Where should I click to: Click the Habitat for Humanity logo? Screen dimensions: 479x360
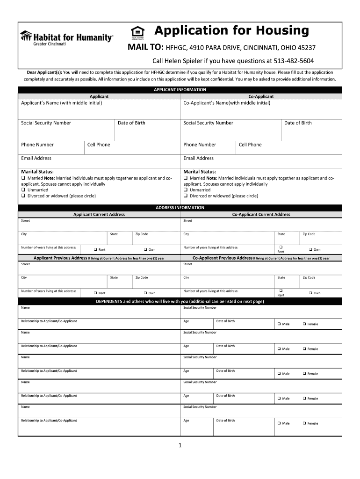pos(66,37)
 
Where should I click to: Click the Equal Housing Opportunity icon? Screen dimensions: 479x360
pos(137,32)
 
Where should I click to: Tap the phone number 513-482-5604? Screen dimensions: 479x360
pos(294,61)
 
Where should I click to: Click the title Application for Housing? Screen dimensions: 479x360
pos(231,31)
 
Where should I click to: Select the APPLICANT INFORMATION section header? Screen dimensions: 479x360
pos(180,89)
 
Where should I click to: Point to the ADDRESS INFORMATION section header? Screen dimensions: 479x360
pos(180,208)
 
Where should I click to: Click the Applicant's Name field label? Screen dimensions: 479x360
pos(61,102)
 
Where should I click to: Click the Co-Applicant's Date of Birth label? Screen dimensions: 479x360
pos(298,123)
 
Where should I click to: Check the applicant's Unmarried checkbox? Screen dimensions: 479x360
pos(23,190)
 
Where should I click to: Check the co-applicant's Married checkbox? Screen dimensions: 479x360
pos(186,178)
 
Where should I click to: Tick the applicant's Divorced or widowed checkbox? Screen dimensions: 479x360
pos(23,196)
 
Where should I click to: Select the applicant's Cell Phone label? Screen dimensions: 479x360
pos(99,145)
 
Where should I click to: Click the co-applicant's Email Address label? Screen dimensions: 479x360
pos(198,158)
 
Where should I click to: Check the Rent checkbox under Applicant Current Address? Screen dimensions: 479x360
pos(95,249)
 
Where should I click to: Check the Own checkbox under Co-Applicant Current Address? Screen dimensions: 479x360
pos(310,249)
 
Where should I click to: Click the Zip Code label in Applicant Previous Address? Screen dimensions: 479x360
pos(142,277)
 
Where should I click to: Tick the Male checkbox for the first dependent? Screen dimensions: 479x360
pos(279,324)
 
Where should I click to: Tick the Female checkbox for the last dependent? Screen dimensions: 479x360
pos(304,423)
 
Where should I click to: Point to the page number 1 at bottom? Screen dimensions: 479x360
pos(180,445)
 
